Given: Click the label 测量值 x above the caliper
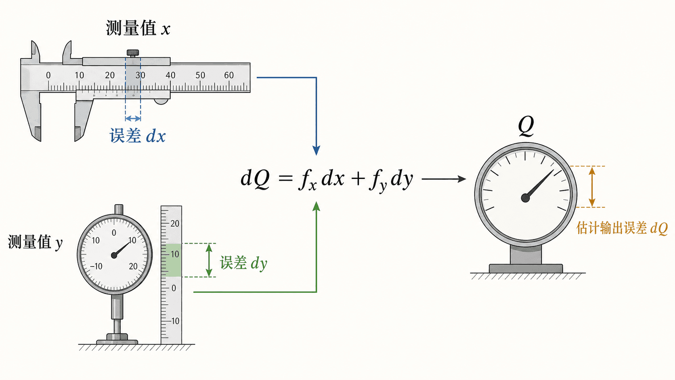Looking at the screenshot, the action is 138,29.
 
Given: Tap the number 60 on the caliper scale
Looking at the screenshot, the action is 229,75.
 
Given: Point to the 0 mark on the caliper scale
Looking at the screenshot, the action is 48,76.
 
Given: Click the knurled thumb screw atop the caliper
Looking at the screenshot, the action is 132,53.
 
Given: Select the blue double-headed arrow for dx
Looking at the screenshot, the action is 133,118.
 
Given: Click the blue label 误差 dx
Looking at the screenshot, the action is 137,136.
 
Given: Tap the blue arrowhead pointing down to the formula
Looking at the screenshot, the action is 316,150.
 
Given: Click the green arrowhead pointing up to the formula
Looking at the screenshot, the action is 316,207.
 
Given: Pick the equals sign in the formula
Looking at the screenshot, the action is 286,178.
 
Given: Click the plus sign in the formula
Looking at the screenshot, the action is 358,178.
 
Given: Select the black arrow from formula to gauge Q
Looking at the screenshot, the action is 444,179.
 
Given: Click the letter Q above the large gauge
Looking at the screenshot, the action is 526,126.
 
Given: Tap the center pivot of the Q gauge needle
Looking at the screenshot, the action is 525,198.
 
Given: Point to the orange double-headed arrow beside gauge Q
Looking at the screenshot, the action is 592,187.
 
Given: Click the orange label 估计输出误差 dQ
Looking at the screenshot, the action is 622,228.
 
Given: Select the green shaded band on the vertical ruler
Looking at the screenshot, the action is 171,260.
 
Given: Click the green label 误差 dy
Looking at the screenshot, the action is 243,263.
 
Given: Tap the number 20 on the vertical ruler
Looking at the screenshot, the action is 175,224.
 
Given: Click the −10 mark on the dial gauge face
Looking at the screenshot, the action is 96,267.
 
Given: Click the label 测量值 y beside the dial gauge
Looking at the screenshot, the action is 35,242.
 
